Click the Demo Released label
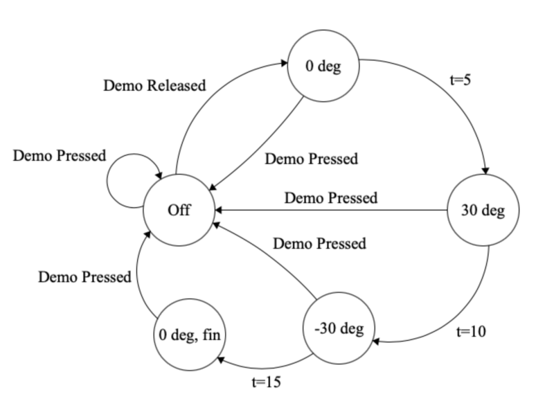point(154,85)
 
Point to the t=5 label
point(461,80)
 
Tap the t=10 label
point(471,332)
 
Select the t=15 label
point(266,382)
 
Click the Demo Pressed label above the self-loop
point(60,156)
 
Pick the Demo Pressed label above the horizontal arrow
point(331,197)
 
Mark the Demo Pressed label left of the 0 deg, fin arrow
point(84,277)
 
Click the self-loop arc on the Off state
point(108,181)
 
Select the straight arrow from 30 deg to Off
point(331,210)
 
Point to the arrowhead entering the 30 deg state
point(485,170)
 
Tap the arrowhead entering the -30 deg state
point(376,342)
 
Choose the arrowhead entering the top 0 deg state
point(284,63)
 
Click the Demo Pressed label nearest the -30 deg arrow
point(319,243)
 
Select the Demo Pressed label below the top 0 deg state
point(312,159)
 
